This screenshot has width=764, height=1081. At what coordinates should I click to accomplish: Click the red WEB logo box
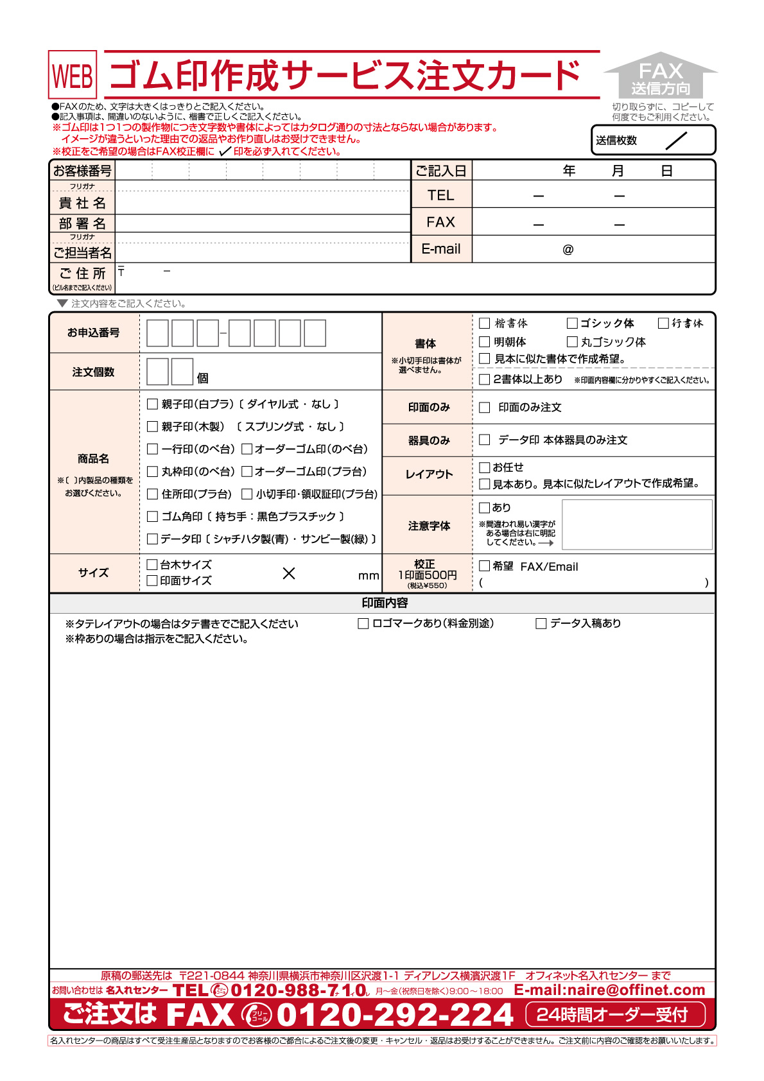click(73, 75)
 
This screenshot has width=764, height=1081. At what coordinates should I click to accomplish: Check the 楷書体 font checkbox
click(485, 324)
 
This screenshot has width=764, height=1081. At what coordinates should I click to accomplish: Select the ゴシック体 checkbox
click(572, 323)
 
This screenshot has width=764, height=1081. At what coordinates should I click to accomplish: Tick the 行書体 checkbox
click(663, 323)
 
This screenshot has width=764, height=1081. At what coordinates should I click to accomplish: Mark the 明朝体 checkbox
click(485, 342)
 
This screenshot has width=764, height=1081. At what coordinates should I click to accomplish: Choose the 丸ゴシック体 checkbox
click(572, 342)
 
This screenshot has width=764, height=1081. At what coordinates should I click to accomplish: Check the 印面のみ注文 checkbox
click(485, 408)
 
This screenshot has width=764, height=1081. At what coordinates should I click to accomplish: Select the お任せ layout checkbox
click(485, 467)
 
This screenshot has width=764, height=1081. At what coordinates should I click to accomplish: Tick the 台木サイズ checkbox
click(152, 565)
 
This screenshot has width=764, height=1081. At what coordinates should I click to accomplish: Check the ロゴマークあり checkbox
click(363, 623)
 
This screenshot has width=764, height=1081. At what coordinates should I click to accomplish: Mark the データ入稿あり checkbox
click(541, 623)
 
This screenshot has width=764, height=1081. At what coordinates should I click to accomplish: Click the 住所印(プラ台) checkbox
click(152, 494)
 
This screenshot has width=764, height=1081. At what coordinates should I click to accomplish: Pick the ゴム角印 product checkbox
click(152, 517)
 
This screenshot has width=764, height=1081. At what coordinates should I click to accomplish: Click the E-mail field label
click(441, 249)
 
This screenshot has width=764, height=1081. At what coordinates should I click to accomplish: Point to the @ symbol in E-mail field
click(568, 250)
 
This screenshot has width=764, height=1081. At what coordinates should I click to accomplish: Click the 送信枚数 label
click(616, 141)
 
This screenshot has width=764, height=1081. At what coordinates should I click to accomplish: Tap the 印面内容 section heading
click(385, 603)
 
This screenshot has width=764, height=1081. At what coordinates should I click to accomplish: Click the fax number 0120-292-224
click(395, 1015)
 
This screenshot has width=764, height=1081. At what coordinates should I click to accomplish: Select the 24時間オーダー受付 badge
click(614, 1015)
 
